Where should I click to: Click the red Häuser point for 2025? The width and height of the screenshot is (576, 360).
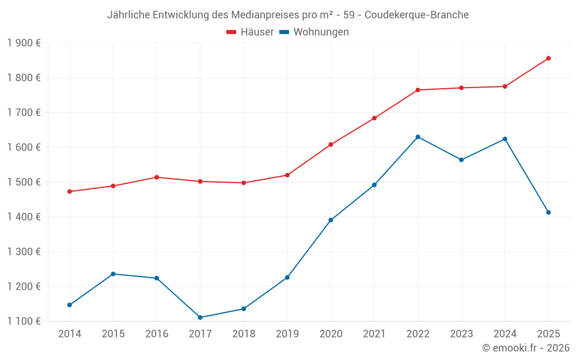548,58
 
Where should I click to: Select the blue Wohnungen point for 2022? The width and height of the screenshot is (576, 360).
418,137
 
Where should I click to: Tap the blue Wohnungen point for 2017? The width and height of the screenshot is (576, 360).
200,317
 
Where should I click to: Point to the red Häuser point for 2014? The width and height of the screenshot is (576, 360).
70,191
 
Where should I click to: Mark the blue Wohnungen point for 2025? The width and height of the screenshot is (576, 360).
548,213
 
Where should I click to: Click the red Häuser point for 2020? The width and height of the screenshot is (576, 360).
331,145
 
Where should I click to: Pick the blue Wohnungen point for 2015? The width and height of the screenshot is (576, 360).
113,274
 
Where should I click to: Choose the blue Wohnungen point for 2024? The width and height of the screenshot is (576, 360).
505,139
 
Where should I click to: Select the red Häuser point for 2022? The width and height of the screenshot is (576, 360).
418,90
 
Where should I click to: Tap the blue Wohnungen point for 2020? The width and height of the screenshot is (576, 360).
331,220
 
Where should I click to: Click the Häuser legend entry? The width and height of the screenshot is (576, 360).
250,32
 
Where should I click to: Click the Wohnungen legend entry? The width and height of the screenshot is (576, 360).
314,32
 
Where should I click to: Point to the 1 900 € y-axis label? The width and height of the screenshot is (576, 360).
24,43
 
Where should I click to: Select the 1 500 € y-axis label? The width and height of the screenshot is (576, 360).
24,182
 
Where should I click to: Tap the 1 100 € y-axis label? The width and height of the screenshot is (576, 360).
24,321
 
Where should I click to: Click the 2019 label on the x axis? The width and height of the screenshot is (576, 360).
287,334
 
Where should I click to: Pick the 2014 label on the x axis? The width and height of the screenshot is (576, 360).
70,334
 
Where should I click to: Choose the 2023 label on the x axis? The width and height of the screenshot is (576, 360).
461,334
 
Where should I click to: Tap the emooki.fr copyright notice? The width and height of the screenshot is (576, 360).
525,348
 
